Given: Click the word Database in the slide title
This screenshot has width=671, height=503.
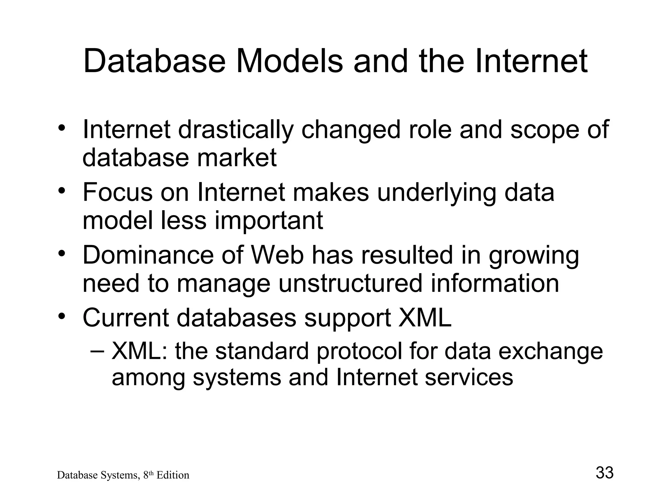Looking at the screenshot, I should [x=154, y=61].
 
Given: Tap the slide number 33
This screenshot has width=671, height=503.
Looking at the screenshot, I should [x=604, y=473].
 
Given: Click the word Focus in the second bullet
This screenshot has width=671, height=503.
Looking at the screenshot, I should [x=118, y=192].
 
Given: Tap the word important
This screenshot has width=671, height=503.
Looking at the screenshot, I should [x=269, y=221].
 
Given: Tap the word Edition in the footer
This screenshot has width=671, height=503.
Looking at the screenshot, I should [x=173, y=475].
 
